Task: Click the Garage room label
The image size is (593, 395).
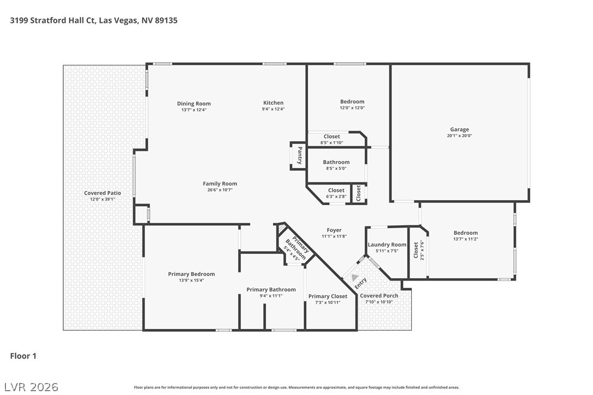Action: click(x=459, y=129)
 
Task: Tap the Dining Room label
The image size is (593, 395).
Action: click(x=194, y=104)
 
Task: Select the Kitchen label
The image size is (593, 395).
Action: click(x=273, y=103)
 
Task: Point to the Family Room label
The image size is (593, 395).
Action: click(x=220, y=184)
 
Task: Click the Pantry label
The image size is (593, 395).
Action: click(x=300, y=155)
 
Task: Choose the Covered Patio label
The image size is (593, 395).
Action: click(x=103, y=193)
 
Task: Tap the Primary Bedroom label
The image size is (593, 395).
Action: click(x=191, y=274)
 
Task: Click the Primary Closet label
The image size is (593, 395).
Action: click(x=328, y=296)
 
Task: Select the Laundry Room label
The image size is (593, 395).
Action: click(x=387, y=244)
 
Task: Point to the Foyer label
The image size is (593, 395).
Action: click(x=334, y=230)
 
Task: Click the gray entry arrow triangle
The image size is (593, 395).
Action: click(x=354, y=278)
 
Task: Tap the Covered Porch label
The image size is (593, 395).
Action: click(x=379, y=296)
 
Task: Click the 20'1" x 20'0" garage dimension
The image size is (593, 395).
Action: click(x=460, y=136)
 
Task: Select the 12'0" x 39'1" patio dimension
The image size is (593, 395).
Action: click(x=103, y=199)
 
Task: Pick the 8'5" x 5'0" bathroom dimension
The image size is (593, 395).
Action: click(x=336, y=169)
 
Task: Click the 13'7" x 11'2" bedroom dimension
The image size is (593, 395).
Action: click(x=466, y=239)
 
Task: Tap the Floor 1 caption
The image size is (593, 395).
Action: click(x=23, y=356)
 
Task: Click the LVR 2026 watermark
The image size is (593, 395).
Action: click(x=31, y=387)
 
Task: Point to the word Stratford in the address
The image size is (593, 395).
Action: click(x=48, y=20)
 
